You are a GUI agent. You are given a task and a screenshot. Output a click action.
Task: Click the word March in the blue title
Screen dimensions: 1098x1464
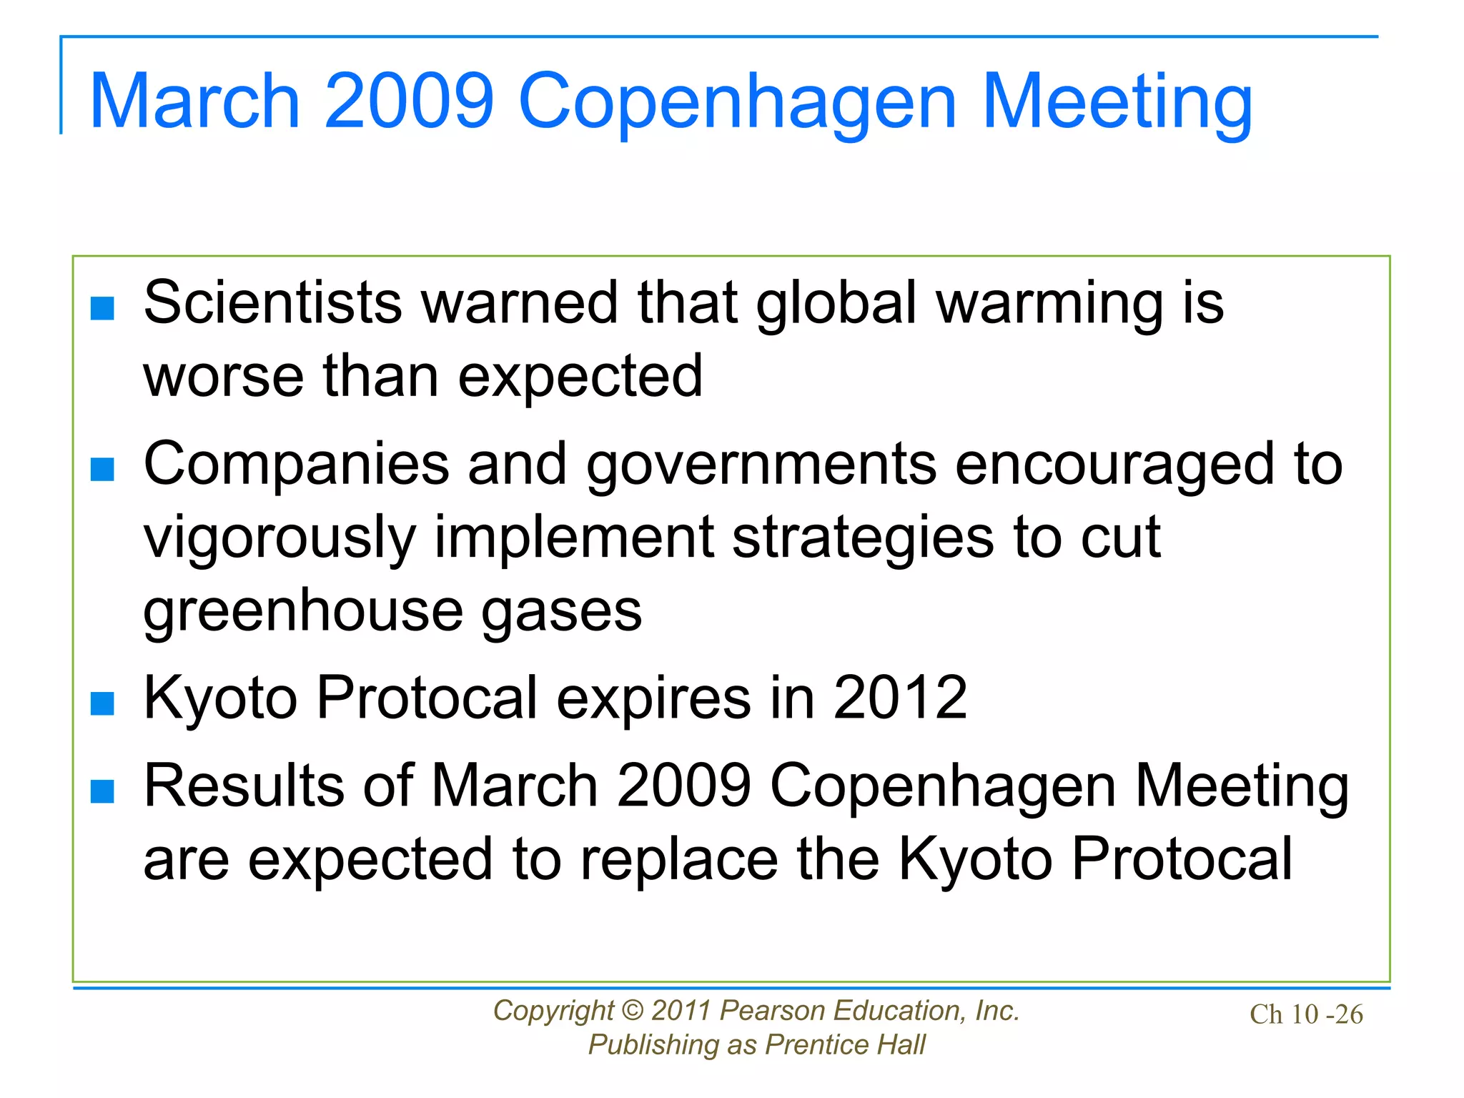tap(194, 102)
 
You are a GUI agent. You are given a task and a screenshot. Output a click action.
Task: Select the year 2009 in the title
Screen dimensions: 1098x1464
tap(409, 102)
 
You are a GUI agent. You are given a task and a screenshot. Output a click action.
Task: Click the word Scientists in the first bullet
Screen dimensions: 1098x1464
tap(273, 303)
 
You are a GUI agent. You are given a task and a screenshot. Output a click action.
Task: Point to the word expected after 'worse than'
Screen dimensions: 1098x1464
tap(580, 377)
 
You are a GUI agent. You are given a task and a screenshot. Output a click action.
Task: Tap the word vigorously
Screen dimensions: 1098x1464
tap(280, 539)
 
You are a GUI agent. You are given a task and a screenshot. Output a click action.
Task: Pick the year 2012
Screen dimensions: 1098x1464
tap(900, 698)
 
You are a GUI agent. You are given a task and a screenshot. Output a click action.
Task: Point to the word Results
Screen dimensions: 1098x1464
tap(244, 786)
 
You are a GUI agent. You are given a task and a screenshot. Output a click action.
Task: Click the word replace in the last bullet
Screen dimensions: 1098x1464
tap(679, 860)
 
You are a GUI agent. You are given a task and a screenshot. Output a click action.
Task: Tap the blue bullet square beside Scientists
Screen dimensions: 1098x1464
tap(103, 309)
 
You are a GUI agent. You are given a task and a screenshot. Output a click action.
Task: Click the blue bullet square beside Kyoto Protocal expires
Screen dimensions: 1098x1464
tap(103, 703)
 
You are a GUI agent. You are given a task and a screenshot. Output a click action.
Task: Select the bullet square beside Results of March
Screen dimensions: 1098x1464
tap(103, 792)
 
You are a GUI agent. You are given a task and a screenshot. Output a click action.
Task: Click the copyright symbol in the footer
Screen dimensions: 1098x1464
tap(632, 1011)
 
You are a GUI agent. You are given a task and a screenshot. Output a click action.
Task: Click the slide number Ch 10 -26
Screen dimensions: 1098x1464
tap(1306, 1014)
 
